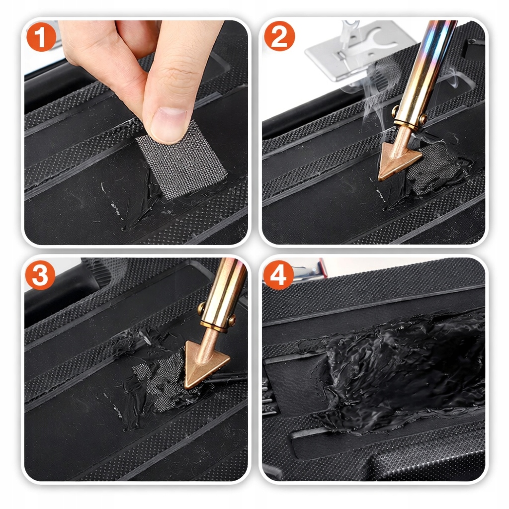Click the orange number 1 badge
tap(41, 37)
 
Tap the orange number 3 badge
tap(40, 275)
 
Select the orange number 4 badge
tap(278, 274)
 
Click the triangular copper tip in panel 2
tap(398, 159)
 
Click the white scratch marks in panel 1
tap(110, 200)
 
